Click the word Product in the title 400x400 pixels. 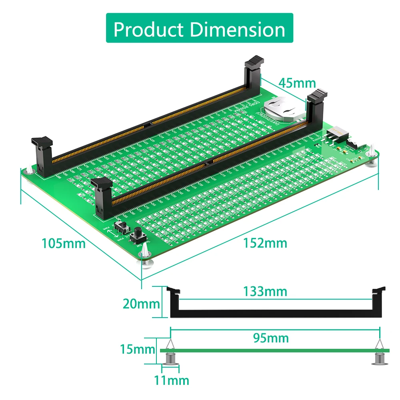(x=149, y=29)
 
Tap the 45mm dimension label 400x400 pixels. (x=297, y=83)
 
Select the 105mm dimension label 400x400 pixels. (x=64, y=243)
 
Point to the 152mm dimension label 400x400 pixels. (x=265, y=243)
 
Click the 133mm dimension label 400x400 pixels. (x=265, y=292)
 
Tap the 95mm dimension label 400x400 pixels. (x=271, y=338)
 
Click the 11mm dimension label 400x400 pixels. (x=172, y=380)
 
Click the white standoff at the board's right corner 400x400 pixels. (x=373, y=152)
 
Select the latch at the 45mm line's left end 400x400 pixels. (x=254, y=66)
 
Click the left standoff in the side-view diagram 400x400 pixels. (x=170, y=352)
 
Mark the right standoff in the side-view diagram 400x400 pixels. (x=379, y=352)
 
